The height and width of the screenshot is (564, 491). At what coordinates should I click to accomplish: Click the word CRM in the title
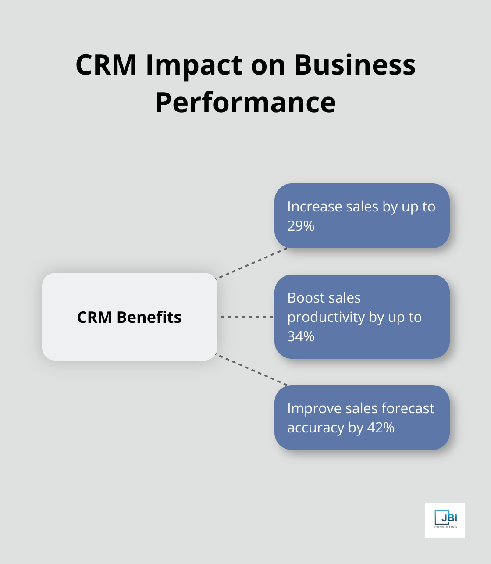coord(106,65)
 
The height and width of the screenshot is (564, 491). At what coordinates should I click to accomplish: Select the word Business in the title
coord(355,65)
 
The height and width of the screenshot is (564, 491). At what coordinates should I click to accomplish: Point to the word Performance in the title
coord(245,103)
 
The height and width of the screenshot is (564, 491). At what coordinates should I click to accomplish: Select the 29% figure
coord(301,226)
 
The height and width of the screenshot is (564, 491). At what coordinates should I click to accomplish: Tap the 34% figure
coord(301,336)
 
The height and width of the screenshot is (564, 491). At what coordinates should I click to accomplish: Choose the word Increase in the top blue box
coord(314,207)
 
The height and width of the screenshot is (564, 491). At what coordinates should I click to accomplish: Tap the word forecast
coord(408,408)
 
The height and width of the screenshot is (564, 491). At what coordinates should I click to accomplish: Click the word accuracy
coord(316,428)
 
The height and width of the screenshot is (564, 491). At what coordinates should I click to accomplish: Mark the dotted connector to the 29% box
coord(252,263)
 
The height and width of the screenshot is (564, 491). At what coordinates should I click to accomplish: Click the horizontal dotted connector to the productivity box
coord(246,316)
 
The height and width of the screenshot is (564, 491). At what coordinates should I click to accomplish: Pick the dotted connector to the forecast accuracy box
coord(252,370)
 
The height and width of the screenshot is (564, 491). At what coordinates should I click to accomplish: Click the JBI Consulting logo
coord(445,520)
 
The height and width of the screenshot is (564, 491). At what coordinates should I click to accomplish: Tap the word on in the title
coord(268,65)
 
